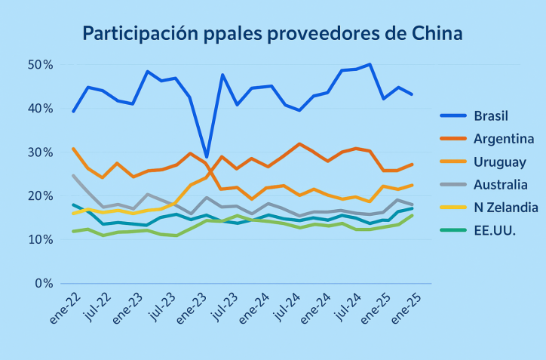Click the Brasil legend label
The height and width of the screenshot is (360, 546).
pyautogui.click(x=491, y=116)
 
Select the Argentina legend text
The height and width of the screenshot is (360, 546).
pyautogui.click(x=504, y=139)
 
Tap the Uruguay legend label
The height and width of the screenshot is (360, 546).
pyautogui.click(x=500, y=162)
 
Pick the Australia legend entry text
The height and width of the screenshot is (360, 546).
pyautogui.click(x=501, y=184)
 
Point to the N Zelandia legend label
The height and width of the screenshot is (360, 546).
pyautogui.click(x=505, y=207)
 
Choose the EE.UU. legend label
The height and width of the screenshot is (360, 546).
pyautogui.click(x=495, y=229)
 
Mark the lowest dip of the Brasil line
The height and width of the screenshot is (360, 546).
pyautogui.click(x=207, y=157)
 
